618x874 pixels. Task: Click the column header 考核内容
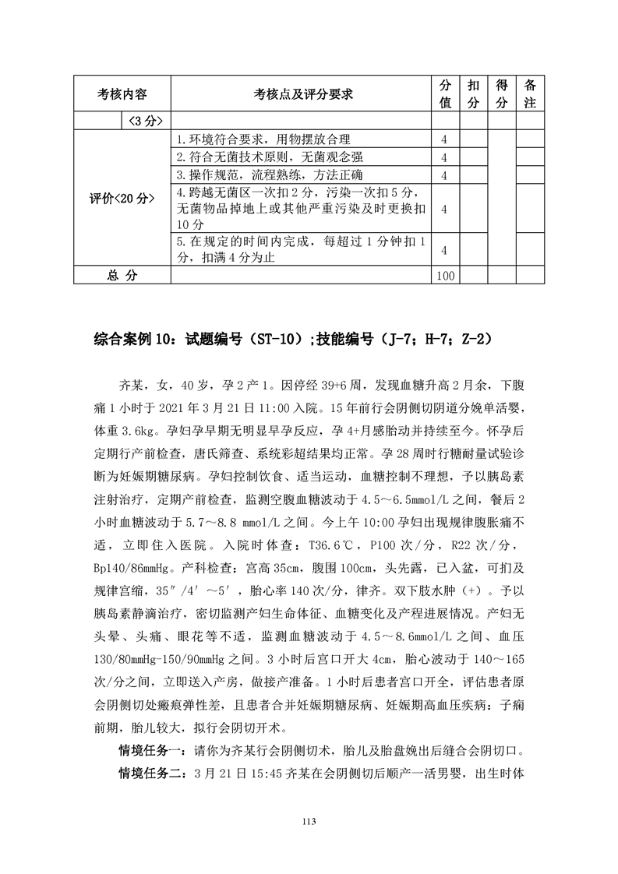click(x=122, y=94)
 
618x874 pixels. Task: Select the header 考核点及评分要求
click(x=303, y=94)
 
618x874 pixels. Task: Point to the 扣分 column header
click(x=474, y=93)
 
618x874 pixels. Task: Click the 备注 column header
click(x=530, y=93)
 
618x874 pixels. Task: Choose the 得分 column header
click(x=502, y=93)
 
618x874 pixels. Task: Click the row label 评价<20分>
click(x=122, y=198)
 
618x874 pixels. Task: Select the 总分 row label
click(x=122, y=275)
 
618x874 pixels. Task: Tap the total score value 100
click(x=446, y=275)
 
